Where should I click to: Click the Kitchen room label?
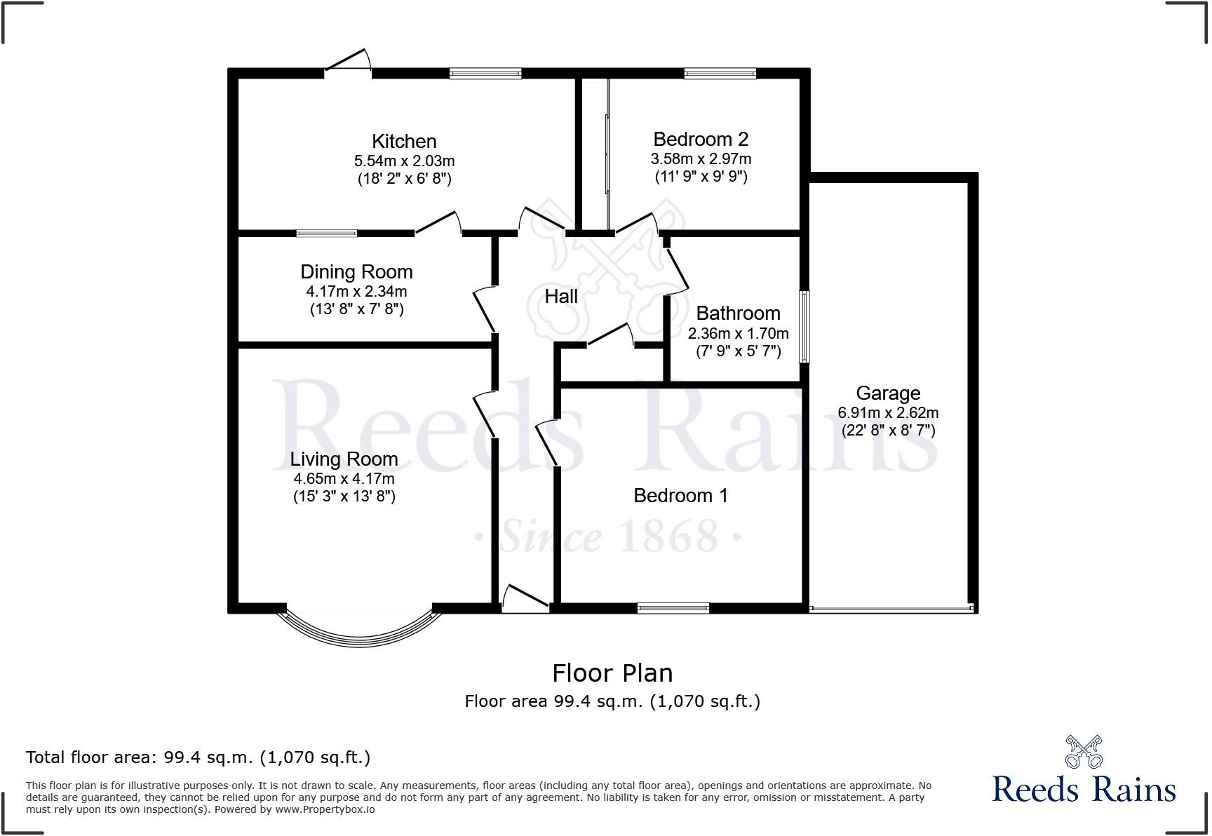(404, 141)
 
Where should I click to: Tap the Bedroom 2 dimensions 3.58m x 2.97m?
(701, 159)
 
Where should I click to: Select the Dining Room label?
(356, 271)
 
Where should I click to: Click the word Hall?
(561, 297)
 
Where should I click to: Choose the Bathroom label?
(738, 313)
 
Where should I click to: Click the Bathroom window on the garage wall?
(805, 327)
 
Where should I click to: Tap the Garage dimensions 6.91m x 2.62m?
(888, 413)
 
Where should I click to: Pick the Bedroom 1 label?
(680, 496)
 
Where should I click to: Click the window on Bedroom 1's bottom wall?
(673, 608)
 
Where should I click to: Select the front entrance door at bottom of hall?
(525, 600)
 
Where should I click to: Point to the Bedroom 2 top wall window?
(720, 73)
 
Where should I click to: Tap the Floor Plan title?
(612, 673)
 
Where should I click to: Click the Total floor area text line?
(198, 757)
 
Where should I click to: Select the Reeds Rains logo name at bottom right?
(1084, 790)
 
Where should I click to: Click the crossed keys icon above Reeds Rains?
(1084, 752)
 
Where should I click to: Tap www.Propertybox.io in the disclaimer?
(325, 809)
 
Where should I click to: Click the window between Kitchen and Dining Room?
(326, 233)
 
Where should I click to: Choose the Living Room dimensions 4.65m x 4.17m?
(344, 479)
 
